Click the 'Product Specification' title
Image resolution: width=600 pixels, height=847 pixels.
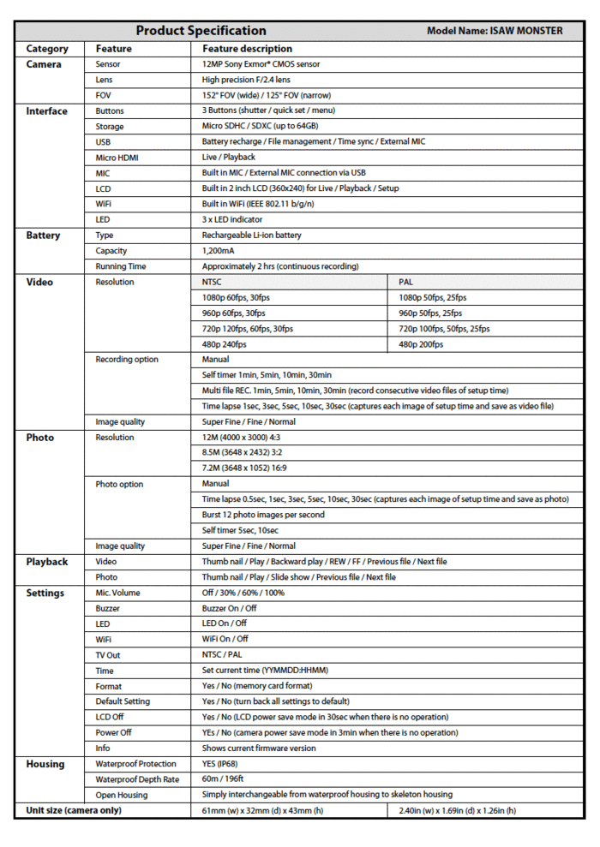coord(201,31)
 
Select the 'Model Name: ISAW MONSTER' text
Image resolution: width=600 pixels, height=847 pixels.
coord(495,32)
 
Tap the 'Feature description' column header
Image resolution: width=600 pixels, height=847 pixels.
coord(247,49)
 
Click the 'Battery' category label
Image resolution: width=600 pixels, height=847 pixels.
coord(43,236)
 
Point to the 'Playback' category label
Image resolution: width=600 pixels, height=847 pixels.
coord(46,562)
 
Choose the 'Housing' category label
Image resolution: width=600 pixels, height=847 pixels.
coord(45,764)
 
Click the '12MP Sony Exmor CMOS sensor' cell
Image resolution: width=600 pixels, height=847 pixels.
coord(261,64)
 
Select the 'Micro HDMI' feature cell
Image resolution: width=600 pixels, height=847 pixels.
coord(117,158)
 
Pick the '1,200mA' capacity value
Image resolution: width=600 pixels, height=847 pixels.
coord(219,251)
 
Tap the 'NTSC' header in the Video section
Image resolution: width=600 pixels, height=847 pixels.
coord(213,282)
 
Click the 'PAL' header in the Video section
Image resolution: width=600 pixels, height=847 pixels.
coord(406,282)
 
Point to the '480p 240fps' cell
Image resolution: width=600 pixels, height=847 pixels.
coord(224,344)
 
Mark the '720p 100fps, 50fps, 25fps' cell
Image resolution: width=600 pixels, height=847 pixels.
coord(444,329)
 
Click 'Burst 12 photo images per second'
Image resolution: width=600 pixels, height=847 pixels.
coord(263,515)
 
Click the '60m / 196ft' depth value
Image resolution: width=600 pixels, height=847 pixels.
coord(223,779)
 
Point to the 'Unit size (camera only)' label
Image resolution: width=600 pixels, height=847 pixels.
coord(74,810)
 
